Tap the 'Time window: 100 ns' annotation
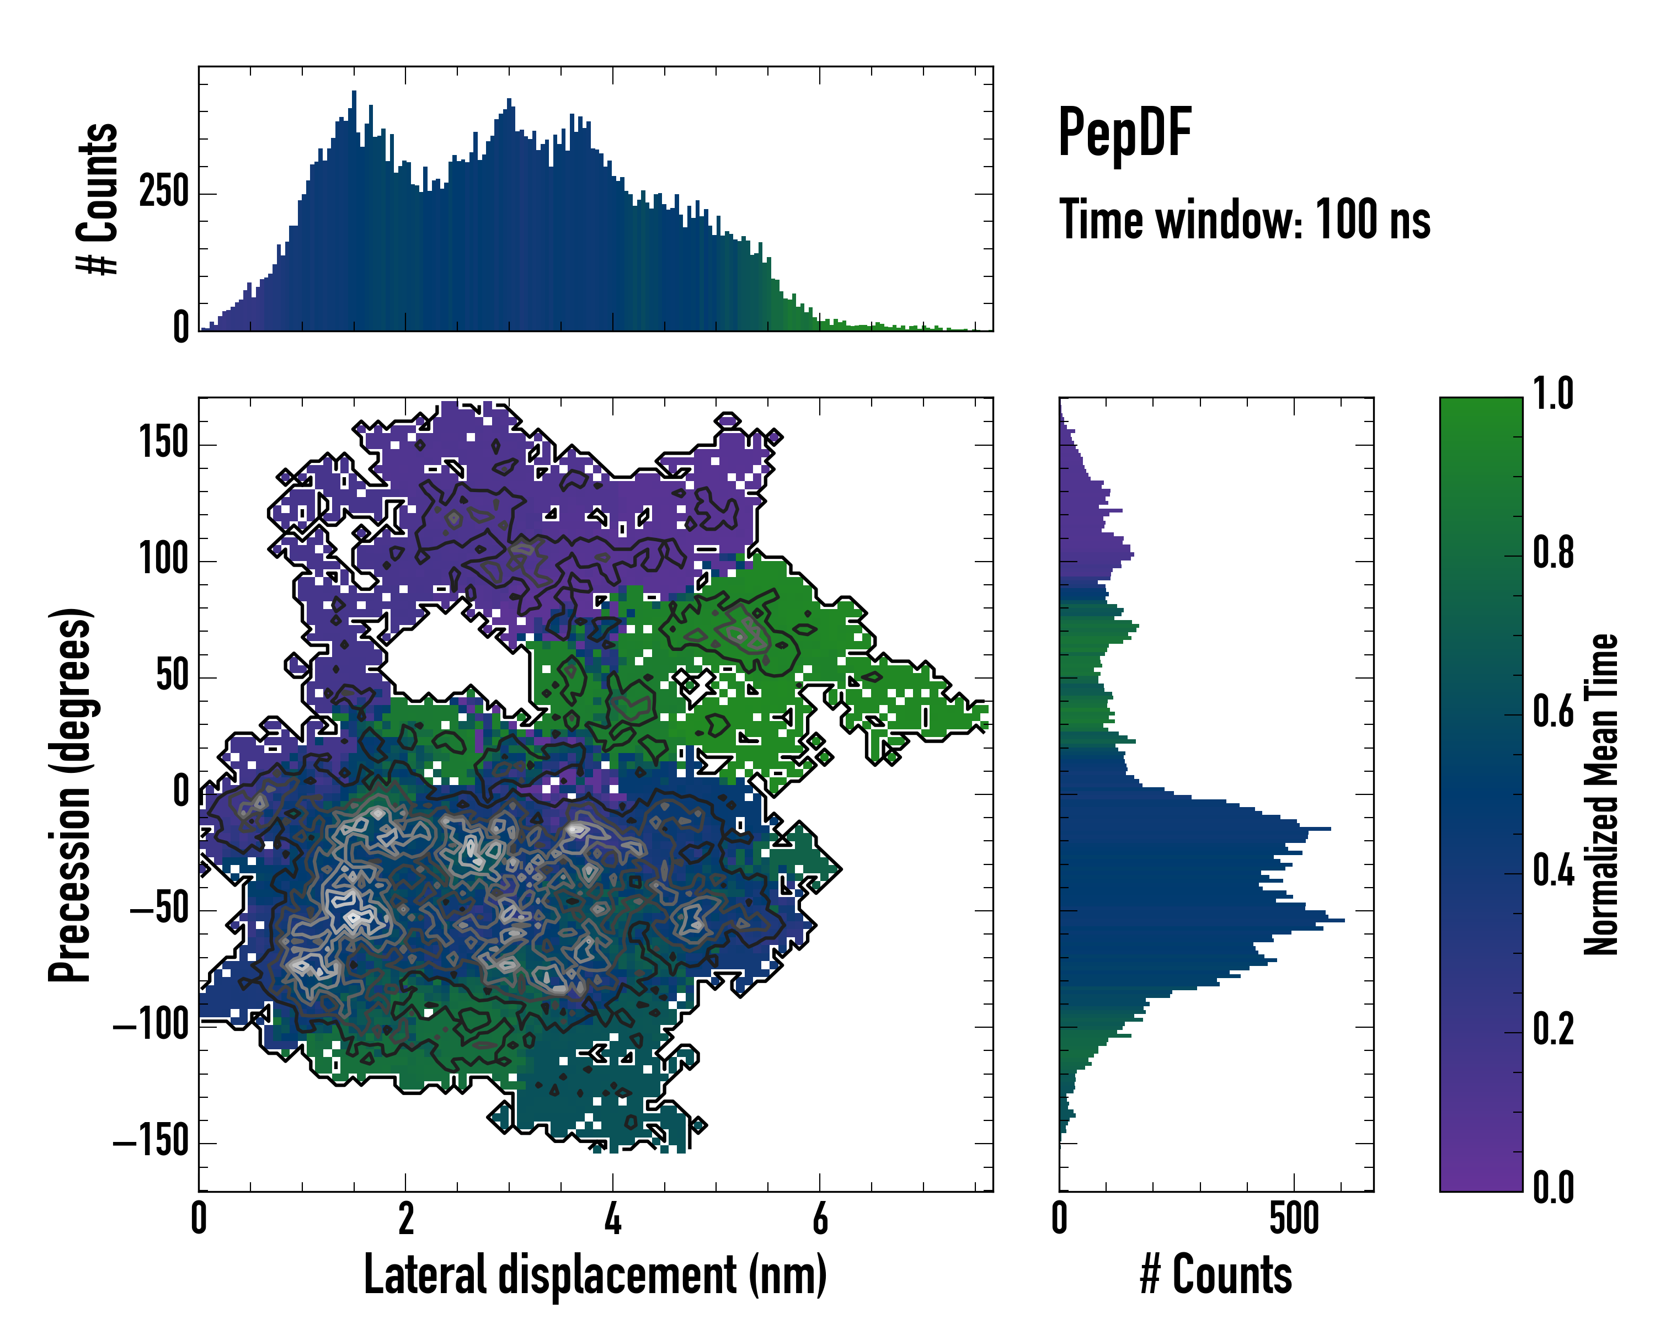(1245, 220)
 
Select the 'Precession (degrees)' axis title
(70, 794)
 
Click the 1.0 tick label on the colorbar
(1553, 394)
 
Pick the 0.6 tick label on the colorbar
(1553, 712)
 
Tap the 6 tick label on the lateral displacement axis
(820, 1219)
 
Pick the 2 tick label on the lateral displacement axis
(406, 1219)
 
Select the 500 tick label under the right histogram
(1294, 1219)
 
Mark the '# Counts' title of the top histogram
(98, 198)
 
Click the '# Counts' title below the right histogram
(1216, 1275)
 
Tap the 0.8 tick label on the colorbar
(1553, 553)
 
